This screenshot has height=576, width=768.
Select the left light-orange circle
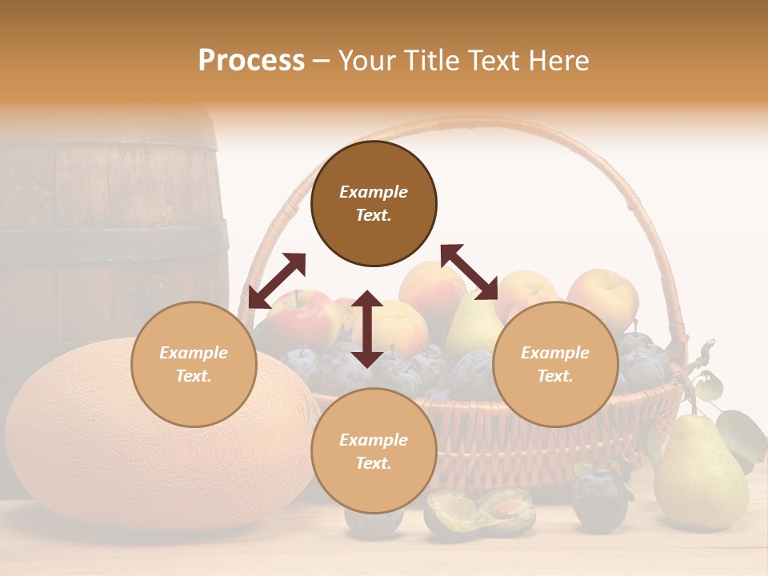tap(194, 364)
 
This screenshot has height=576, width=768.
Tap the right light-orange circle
tap(555, 364)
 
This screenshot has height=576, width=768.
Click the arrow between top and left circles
tap(277, 281)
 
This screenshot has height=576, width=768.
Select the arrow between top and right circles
tap(469, 272)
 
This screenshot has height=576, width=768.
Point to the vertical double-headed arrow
tap(367, 329)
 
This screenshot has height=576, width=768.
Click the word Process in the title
tap(251, 60)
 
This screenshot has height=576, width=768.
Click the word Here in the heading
tap(559, 60)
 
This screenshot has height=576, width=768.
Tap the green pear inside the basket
tap(472, 324)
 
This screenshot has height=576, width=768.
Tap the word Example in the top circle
tap(374, 192)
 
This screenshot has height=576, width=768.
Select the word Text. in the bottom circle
tap(374, 463)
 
